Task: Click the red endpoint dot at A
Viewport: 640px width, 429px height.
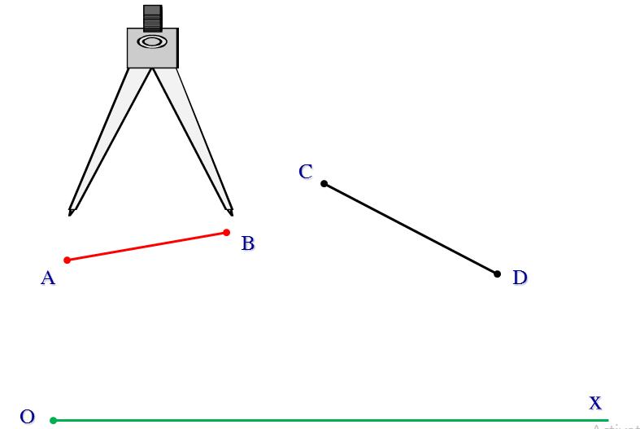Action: click(x=67, y=260)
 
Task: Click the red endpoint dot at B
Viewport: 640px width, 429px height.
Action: click(x=226, y=233)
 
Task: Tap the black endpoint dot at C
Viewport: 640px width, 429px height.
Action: click(x=324, y=183)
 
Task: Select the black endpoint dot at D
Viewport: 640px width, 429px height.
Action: click(x=497, y=274)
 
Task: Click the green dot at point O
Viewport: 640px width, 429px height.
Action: click(x=53, y=420)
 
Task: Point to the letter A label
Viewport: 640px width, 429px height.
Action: click(x=48, y=278)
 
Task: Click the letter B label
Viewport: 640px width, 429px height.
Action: click(x=248, y=243)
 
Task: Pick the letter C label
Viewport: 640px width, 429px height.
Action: click(x=306, y=172)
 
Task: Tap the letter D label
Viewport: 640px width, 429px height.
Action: click(x=520, y=278)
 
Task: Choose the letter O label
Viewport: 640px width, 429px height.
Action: click(x=27, y=417)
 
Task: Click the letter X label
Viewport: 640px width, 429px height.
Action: click(x=595, y=403)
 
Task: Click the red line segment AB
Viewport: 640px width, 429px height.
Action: click(x=146, y=246)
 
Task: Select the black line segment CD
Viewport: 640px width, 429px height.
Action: click(x=411, y=229)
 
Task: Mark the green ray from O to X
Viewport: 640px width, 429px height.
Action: click(x=325, y=420)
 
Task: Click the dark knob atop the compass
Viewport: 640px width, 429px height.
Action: click(x=152, y=17)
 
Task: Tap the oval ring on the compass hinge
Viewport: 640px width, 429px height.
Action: click(x=152, y=42)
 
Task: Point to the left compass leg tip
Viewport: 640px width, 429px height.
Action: click(x=72, y=212)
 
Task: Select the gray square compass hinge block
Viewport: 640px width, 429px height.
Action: click(x=152, y=55)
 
